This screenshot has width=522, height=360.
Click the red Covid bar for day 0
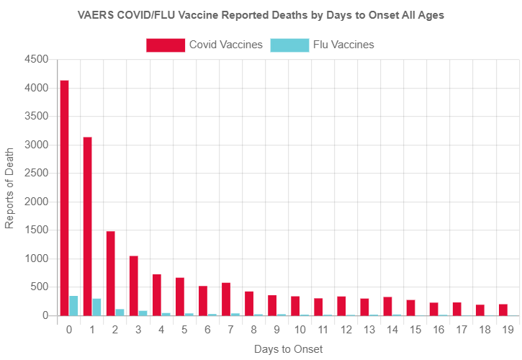(x=64, y=198)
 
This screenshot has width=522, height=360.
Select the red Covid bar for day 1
(x=87, y=226)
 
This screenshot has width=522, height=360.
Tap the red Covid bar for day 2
(x=110, y=274)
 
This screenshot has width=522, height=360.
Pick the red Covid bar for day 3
(x=133, y=286)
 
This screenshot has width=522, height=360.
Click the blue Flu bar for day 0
(x=73, y=306)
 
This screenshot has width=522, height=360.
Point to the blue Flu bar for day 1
(x=96, y=307)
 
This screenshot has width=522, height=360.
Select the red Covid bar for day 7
(x=226, y=299)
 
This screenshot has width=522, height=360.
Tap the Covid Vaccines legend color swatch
(x=165, y=45)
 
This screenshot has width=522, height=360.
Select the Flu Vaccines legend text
(x=343, y=45)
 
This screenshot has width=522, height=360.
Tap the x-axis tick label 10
(x=299, y=330)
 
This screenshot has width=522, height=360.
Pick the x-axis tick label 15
(x=414, y=330)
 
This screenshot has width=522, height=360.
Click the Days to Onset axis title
(x=288, y=349)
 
